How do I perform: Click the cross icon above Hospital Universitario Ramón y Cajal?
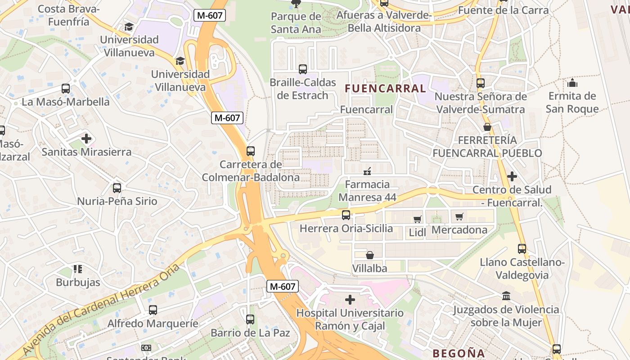coord(350,300)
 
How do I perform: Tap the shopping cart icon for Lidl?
coord(417,219)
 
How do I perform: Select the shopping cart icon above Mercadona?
coord(459,217)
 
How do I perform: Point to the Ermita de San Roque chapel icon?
coord(572,83)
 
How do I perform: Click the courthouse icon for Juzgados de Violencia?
coord(506,296)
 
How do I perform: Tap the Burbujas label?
coord(78,283)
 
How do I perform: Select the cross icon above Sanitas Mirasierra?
coord(86,139)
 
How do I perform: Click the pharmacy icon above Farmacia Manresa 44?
coord(367,171)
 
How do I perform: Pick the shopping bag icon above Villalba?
coord(369,255)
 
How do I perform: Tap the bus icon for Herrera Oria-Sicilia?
coord(346,215)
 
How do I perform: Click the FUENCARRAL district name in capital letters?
coord(385,89)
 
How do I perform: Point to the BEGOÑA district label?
coord(459,353)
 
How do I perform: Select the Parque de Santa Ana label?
coord(296,23)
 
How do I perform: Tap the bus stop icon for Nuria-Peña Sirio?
coord(117,188)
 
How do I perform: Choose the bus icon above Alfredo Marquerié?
coord(153,310)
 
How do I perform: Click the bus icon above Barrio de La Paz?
coord(250,319)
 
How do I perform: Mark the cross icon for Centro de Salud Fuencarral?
coord(512,176)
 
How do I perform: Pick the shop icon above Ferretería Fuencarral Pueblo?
coord(487,127)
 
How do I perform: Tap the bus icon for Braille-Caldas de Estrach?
coord(303,69)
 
